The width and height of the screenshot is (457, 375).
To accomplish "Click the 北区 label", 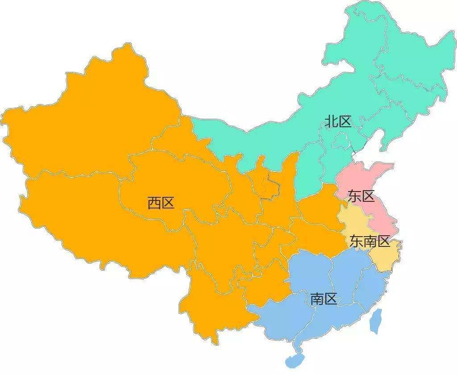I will click(338, 121).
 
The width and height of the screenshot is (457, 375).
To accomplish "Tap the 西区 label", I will click(161, 204).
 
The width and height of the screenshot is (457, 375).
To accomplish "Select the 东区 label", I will click(361, 196).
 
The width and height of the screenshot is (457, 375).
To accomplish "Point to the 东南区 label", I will click(370, 241).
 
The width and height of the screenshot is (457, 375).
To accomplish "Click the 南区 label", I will click(324, 299).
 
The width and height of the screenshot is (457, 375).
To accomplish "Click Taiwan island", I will click(376, 320).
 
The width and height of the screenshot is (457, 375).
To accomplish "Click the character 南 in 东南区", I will click(370, 241).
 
